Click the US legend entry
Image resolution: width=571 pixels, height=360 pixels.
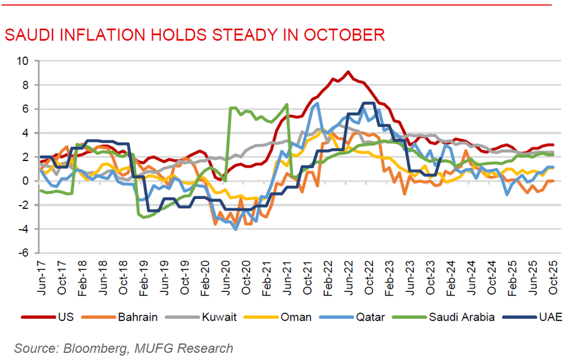click(x=58, y=317)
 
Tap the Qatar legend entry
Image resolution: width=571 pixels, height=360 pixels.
click(x=368, y=317)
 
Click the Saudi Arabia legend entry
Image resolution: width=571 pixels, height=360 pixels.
click(x=461, y=317)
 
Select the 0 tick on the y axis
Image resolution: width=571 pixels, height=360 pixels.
click(x=25, y=181)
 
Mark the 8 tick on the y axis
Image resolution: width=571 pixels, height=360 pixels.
click(x=25, y=84)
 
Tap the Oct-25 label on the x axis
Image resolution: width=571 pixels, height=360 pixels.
click(x=553, y=278)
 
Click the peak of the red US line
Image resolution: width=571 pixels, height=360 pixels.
click(x=348, y=72)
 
